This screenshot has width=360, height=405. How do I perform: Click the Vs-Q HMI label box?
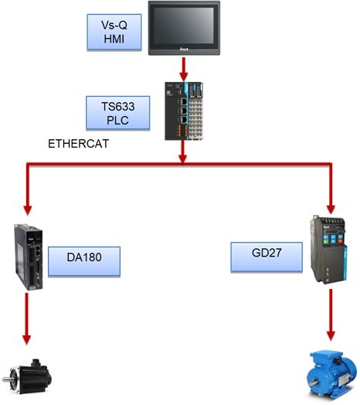coord(114,32)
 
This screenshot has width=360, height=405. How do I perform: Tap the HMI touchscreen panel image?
coord(184,28)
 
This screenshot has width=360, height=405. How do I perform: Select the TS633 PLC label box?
coord(117,113)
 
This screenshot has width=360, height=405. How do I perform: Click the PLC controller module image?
coord(184,111)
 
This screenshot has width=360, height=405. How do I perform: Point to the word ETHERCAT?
coord(79,144)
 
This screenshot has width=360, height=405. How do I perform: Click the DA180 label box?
coord(84,262)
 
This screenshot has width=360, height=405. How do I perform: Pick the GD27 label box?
coord(267,257)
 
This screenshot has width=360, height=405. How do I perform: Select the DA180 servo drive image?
coord(29,257)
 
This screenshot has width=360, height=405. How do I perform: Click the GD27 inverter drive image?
coord(328,250)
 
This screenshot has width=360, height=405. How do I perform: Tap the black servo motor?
coord(27,376)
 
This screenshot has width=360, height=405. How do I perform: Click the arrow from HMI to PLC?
coord(184,70)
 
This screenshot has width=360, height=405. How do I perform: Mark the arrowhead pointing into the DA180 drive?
coord(27,210)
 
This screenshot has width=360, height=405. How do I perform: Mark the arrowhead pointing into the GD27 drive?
coord(331,209)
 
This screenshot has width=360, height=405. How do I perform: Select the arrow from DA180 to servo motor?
coord(26,318)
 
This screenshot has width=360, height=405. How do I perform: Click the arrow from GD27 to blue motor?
coord(331,315)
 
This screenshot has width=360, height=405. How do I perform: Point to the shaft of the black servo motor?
coord(7,379)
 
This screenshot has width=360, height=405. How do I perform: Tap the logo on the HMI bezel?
coord(184,49)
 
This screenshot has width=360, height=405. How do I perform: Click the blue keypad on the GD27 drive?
coord(333,239)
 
